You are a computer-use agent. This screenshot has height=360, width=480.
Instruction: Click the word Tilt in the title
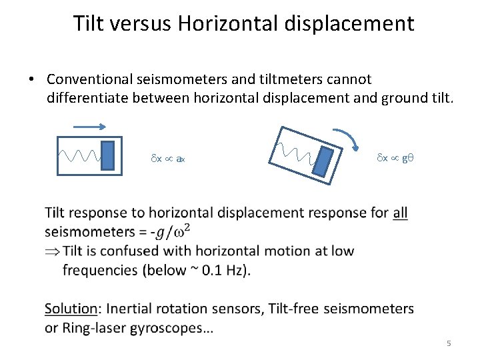coord(87,23)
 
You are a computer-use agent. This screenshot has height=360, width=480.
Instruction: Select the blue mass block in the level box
coord(107,156)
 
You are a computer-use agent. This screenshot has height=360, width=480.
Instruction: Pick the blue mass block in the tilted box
coord(323,161)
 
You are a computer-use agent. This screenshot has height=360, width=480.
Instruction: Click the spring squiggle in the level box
coord(79,156)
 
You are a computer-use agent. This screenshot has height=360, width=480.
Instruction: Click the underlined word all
coord(400,213)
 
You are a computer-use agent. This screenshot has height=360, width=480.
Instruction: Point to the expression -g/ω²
coord(171,232)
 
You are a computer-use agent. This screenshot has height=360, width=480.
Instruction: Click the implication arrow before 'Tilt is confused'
coord(53,251)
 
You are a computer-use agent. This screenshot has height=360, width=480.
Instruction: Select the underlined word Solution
coord(71,309)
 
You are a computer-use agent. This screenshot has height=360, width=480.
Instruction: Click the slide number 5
coord(449,343)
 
